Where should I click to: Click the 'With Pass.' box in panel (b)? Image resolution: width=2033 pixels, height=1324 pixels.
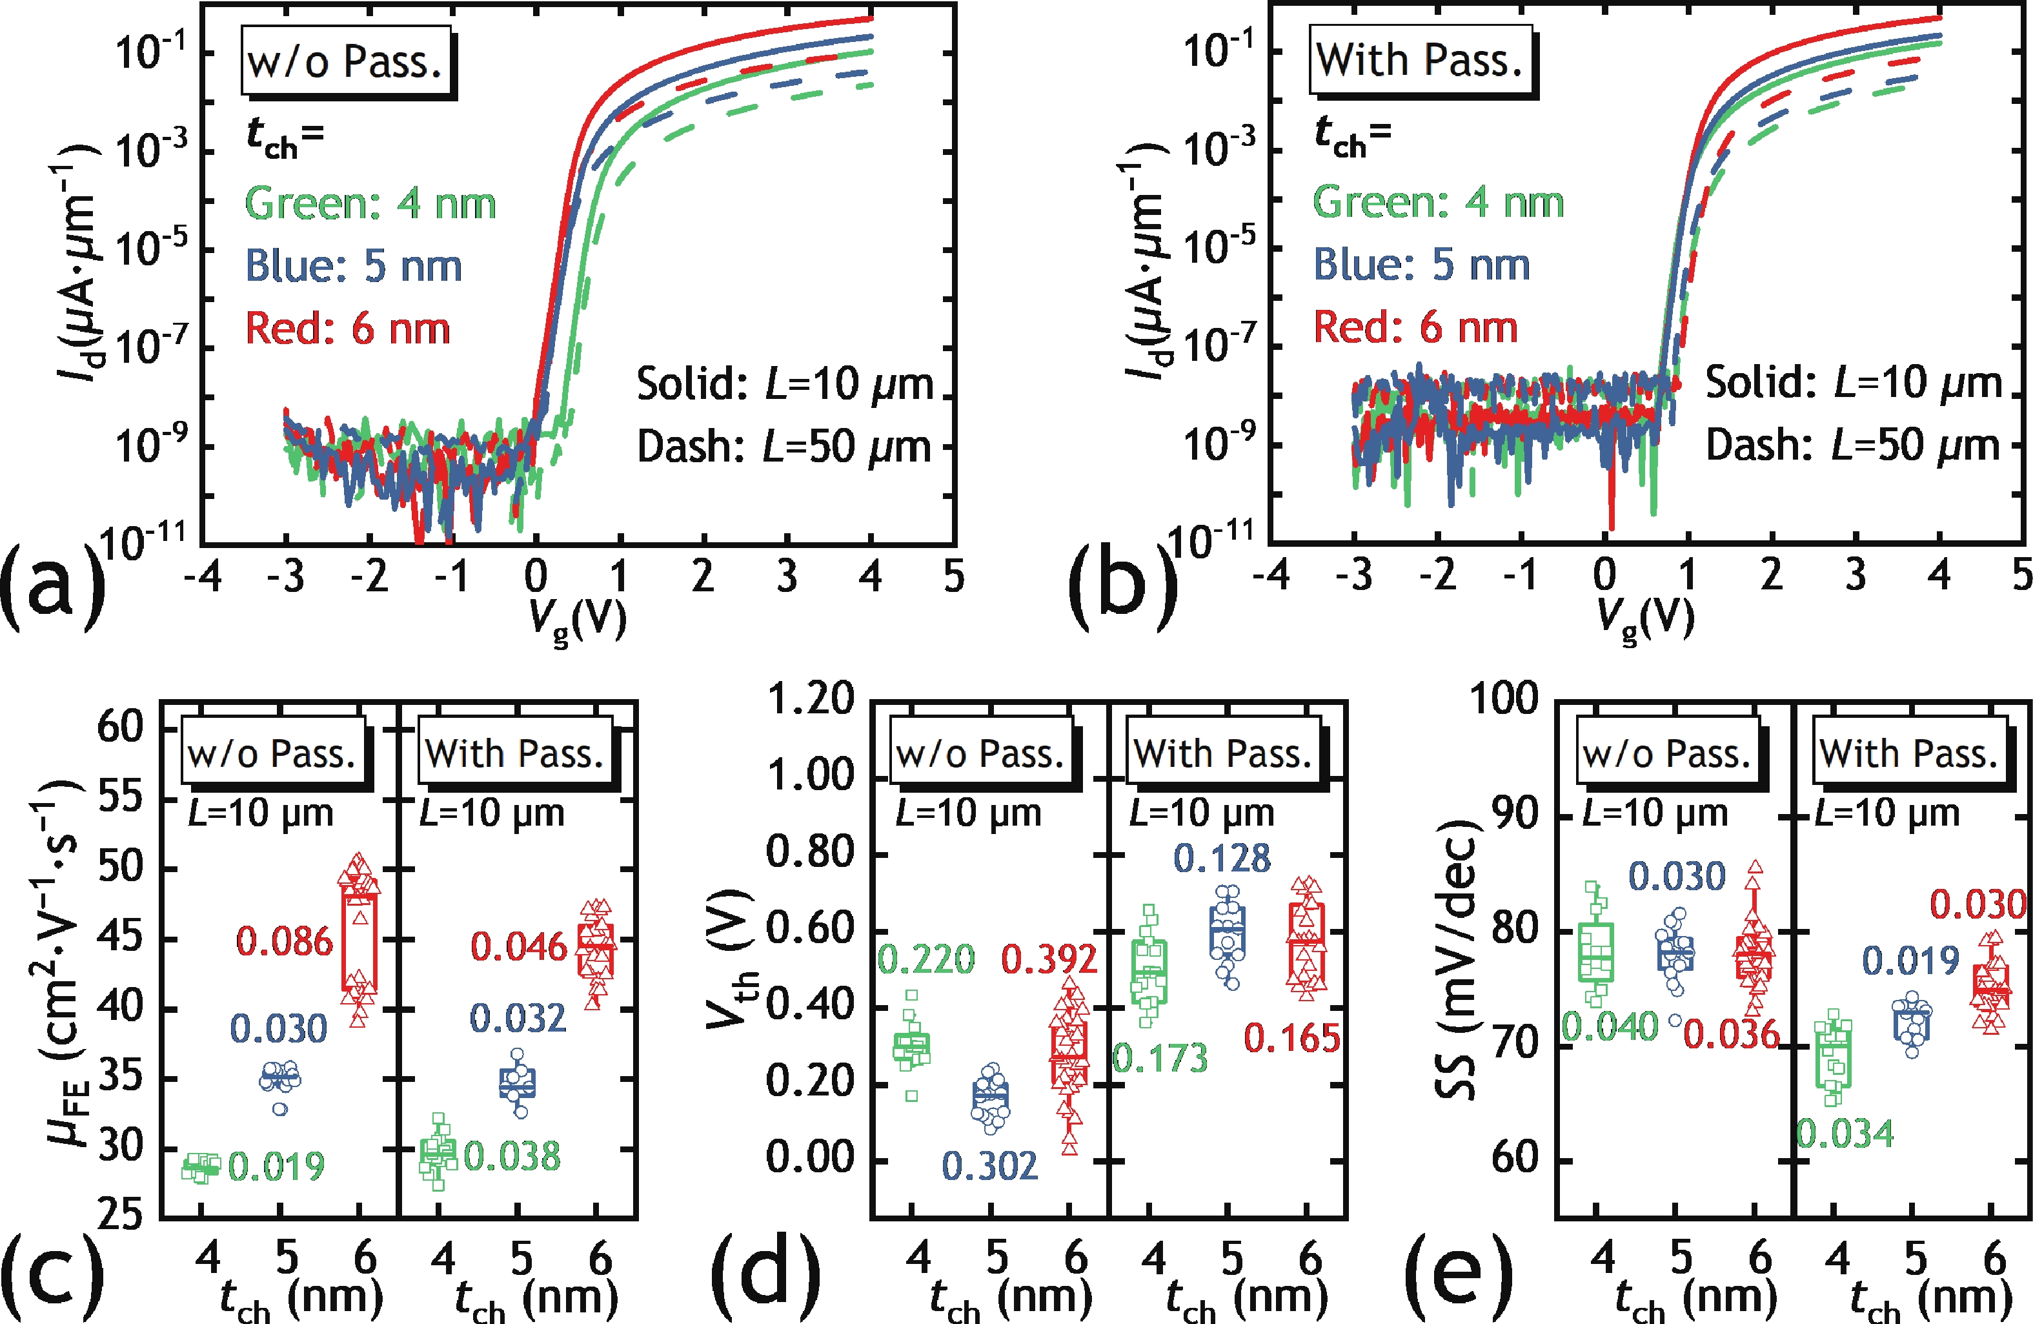tap(1420, 61)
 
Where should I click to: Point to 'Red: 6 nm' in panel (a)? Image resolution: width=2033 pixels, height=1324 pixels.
tap(348, 329)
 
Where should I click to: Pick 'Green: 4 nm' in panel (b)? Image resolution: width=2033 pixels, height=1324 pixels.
tap(1438, 203)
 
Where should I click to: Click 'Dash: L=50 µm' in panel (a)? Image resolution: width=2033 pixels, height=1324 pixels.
tap(784, 447)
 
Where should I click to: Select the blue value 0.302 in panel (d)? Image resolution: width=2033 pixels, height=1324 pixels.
tap(989, 1166)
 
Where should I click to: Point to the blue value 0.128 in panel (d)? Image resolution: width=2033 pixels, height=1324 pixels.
tap(1222, 859)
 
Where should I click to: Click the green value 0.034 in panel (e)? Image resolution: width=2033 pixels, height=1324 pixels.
tap(1845, 1134)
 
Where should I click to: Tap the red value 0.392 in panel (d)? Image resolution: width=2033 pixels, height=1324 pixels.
tap(1048, 959)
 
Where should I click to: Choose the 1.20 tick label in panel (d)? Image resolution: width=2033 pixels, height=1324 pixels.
tap(810, 698)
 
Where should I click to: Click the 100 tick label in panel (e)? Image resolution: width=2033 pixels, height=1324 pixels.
tap(1503, 698)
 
